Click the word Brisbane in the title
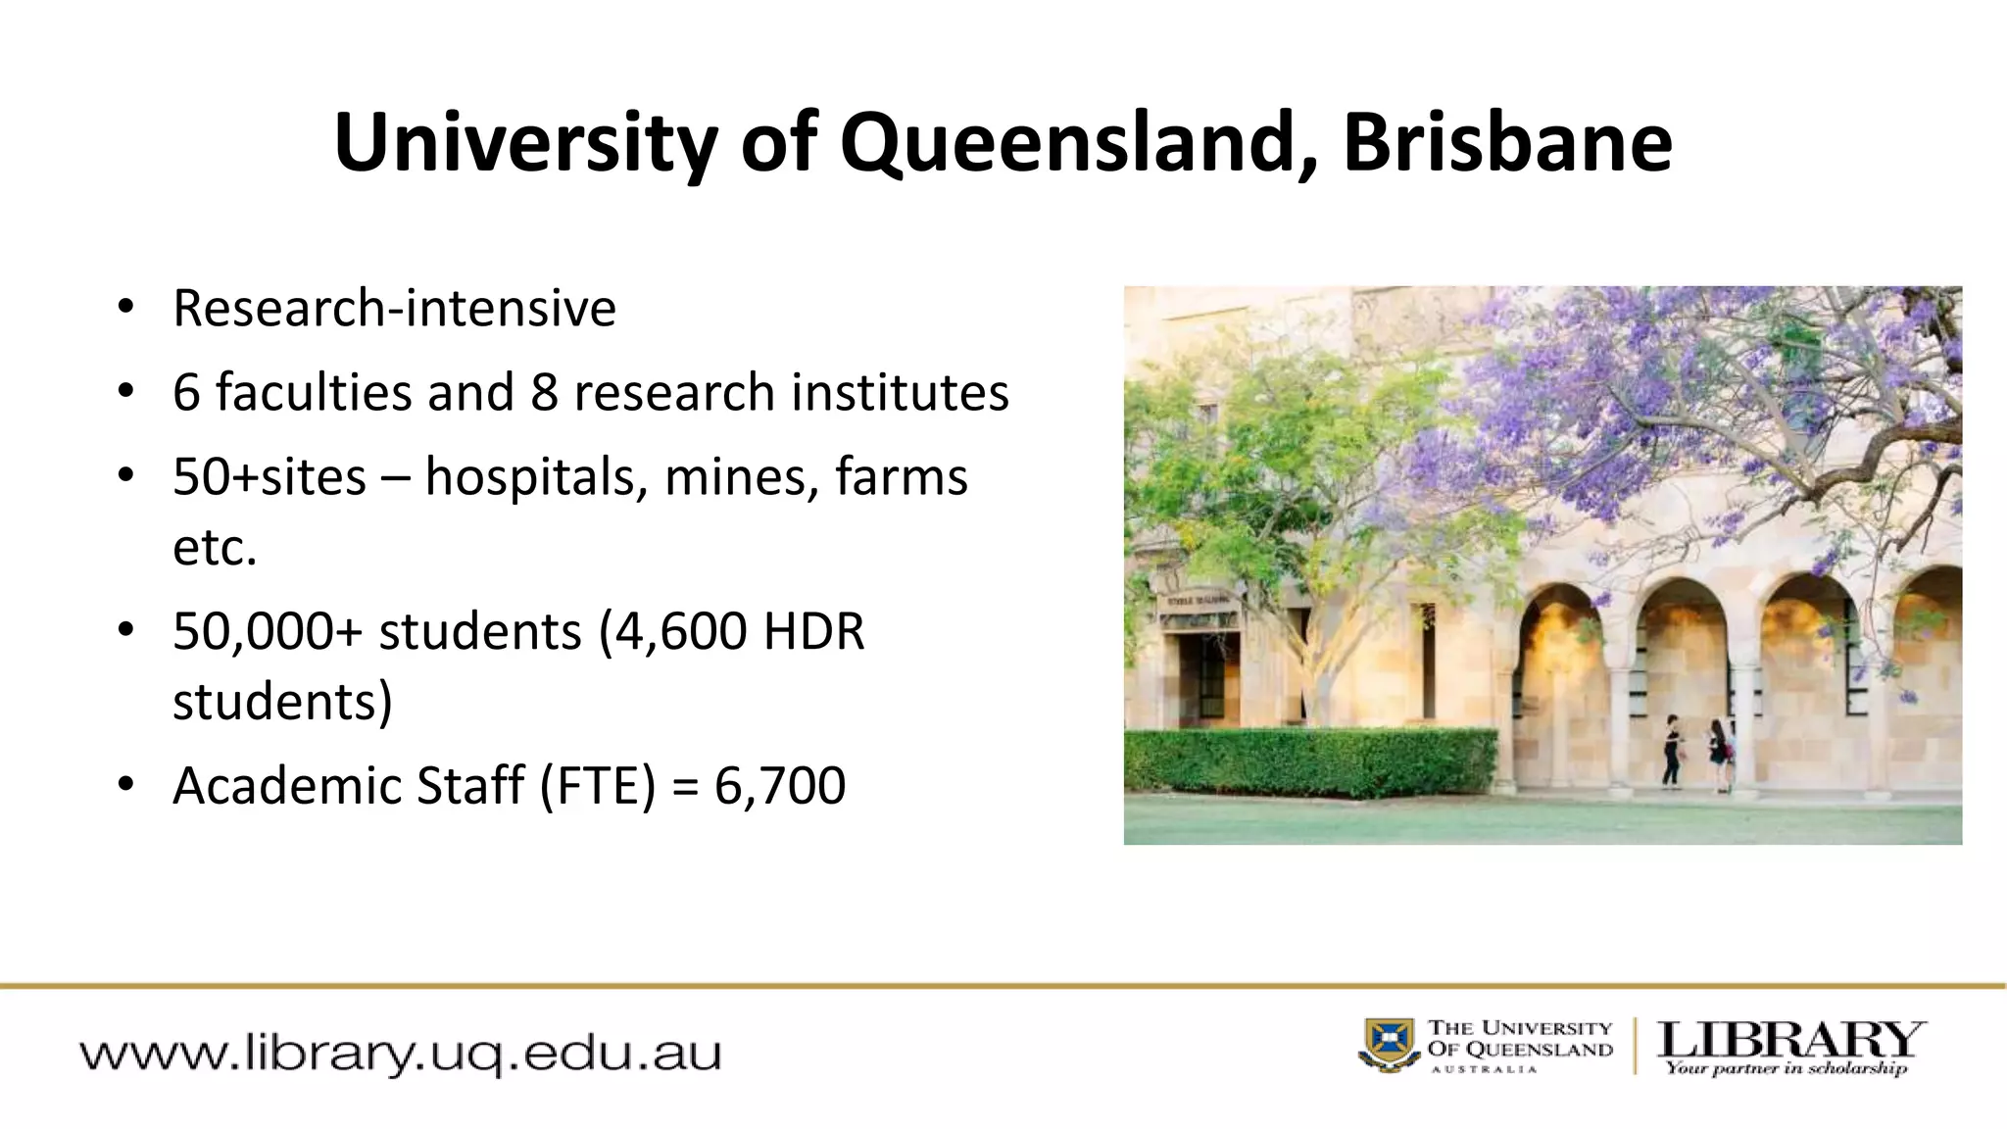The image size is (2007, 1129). (1507, 144)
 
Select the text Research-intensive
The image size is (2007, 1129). (394, 308)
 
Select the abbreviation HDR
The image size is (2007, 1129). (813, 631)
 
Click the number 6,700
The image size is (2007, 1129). (779, 785)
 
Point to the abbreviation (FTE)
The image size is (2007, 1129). (597, 785)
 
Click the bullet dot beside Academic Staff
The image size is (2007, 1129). (124, 785)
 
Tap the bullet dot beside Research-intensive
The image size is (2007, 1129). (124, 307)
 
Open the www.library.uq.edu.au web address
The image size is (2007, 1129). (400, 1055)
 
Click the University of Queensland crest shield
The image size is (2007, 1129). (1389, 1044)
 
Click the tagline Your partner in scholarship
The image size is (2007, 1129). (1787, 1068)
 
